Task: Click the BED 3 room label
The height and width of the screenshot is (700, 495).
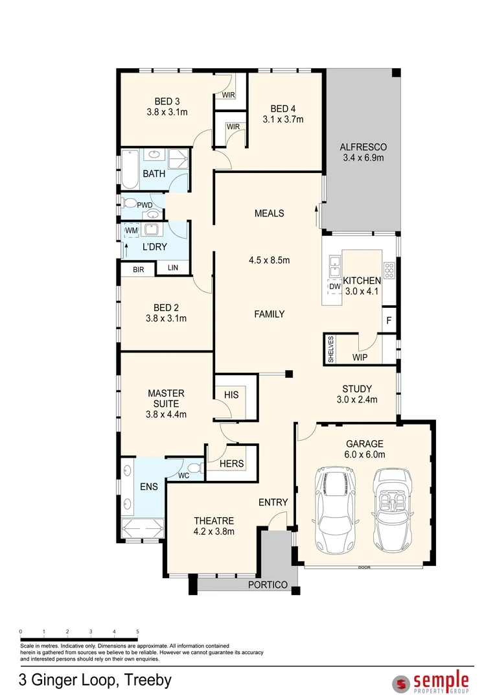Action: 167,101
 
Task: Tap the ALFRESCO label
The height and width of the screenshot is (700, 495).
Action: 363,147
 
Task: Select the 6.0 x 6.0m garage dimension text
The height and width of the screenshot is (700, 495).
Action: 364,454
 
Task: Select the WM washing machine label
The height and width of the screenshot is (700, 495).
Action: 131,230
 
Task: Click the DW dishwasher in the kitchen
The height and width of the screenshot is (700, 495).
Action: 334,286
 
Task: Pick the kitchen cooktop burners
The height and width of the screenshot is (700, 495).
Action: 389,270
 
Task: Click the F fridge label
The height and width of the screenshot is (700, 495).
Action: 389,321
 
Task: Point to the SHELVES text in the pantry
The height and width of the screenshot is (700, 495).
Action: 330,349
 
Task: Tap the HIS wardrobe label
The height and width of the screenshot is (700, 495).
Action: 231,395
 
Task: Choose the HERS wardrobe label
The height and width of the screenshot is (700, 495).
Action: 231,464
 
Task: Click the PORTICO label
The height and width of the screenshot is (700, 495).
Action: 268,585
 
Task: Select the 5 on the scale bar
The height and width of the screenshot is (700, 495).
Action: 137,631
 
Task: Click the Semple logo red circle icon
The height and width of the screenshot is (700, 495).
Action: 401,682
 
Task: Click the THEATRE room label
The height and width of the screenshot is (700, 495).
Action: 214,520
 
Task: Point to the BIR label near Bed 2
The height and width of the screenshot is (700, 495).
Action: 138,270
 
